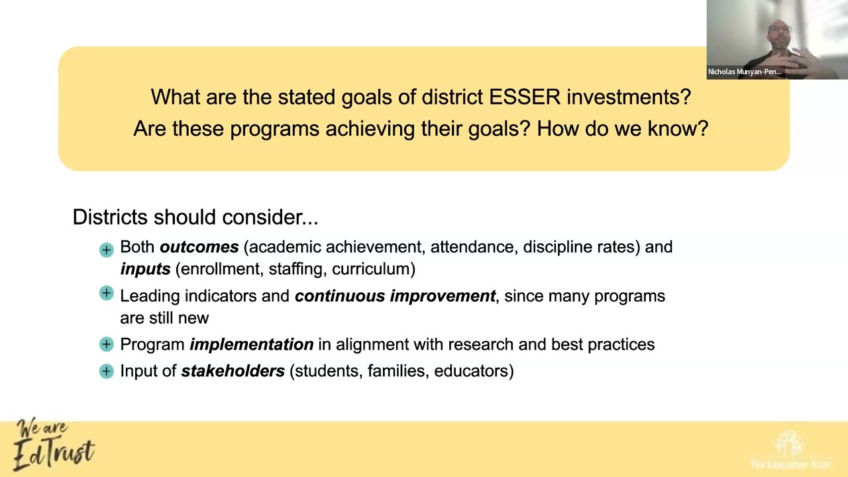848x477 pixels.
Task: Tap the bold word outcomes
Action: (199, 247)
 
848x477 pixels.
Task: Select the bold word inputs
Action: (145, 269)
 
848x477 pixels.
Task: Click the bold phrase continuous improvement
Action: (395, 296)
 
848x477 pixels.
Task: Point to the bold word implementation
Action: (251, 344)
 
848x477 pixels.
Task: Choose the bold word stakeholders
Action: (233, 371)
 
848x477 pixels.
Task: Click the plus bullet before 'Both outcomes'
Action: (107, 250)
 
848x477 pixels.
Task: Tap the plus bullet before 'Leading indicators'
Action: (107, 293)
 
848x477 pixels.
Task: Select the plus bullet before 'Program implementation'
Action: (107, 344)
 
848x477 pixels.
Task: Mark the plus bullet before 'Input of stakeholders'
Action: (107, 371)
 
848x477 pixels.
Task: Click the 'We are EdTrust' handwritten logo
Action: (53, 445)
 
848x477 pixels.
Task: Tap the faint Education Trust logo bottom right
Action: (789, 450)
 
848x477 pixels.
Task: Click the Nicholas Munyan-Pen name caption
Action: (744, 72)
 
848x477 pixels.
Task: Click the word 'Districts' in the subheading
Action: (110, 217)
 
